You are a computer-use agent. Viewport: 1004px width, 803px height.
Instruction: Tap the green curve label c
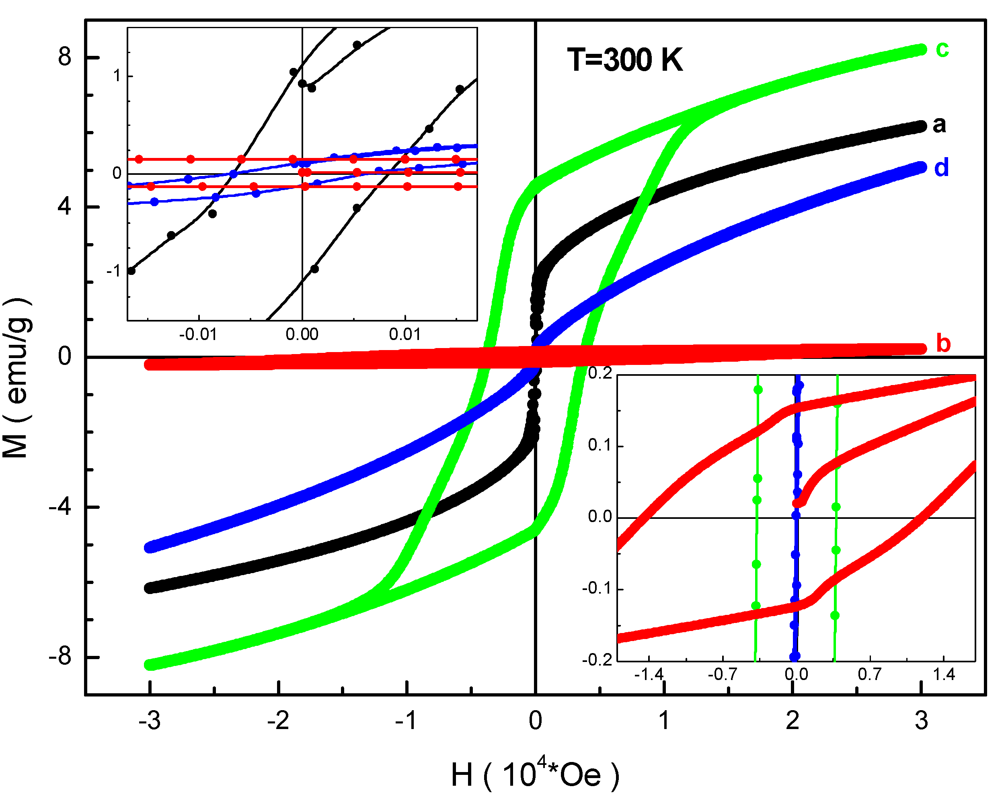pos(942,49)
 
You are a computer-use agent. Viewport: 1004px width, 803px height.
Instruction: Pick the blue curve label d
pos(941,168)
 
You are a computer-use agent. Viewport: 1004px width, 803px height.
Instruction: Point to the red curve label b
pos(942,344)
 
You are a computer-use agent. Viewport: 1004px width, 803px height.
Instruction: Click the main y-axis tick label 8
pos(64,57)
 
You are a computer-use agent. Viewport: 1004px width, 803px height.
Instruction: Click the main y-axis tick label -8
pos(60,657)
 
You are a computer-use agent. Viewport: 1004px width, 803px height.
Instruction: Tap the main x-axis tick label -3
pos(150,721)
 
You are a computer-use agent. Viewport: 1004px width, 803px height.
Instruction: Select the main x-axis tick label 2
pos(793,721)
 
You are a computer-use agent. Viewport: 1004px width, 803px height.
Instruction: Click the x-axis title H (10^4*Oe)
pos(535,776)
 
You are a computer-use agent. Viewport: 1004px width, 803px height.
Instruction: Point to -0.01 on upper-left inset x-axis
pos(198,334)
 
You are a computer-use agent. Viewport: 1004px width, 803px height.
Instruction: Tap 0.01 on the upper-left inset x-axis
pos(404,334)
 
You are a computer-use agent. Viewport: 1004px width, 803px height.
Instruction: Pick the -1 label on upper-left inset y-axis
pos(114,270)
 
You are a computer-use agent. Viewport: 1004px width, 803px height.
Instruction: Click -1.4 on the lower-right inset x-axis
pos(649,674)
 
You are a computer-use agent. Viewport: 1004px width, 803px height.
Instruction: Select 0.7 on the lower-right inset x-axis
pos(869,674)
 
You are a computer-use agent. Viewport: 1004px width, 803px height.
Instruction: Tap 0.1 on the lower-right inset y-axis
pos(600,445)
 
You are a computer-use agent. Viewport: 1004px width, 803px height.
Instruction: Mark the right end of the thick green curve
pos(921,50)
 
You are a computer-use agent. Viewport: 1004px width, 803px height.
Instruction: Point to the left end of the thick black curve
pos(150,588)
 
